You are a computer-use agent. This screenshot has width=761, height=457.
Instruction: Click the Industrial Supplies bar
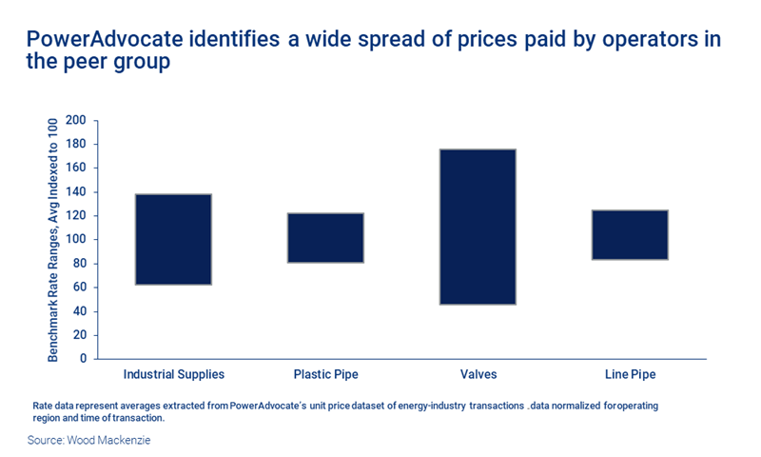(173, 239)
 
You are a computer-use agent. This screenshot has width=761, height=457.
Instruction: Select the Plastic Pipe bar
(325, 237)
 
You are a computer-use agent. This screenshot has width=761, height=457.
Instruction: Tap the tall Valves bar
(478, 227)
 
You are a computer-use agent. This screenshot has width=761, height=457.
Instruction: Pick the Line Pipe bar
(630, 235)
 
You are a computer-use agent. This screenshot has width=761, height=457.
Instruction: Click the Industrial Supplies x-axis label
(174, 374)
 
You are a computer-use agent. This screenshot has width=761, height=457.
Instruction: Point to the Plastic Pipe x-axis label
(325, 374)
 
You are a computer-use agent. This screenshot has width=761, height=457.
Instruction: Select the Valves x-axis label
(478, 374)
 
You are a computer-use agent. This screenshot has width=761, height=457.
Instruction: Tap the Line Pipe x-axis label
(630, 374)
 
